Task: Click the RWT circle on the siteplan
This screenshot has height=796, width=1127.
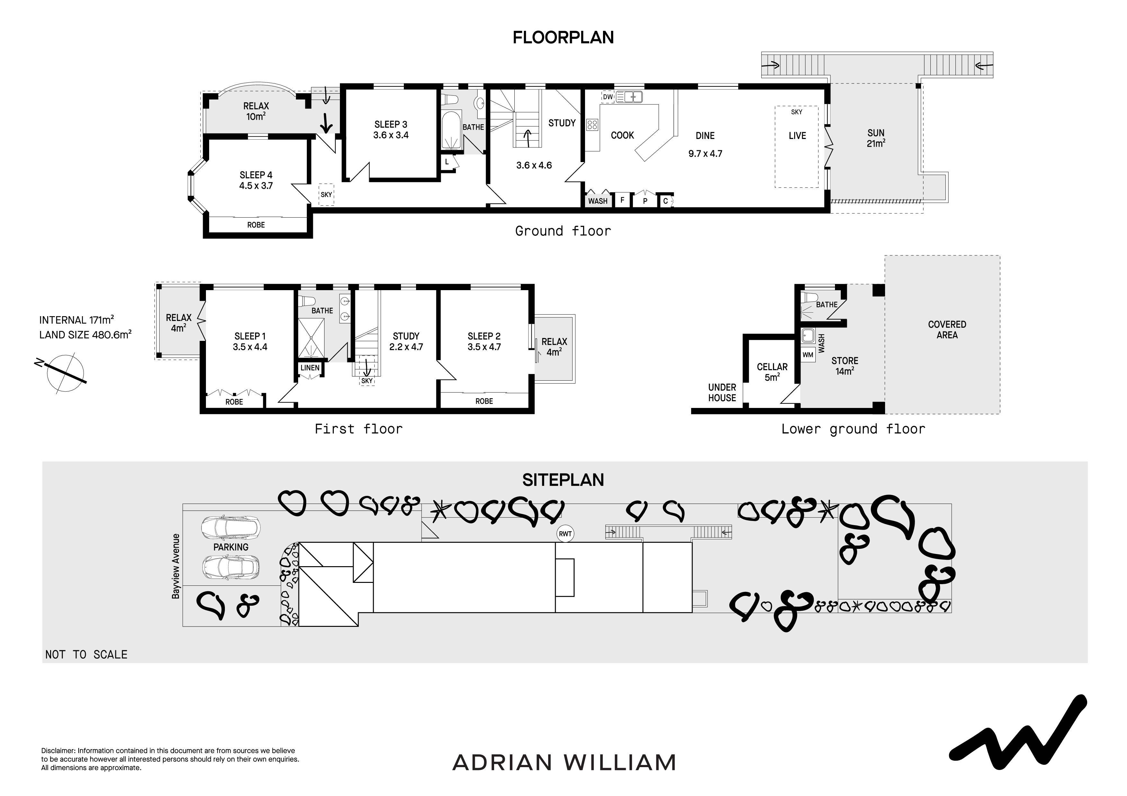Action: click(565, 534)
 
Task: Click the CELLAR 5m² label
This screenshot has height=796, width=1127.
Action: click(772, 372)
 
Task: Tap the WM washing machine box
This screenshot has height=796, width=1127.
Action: click(808, 355)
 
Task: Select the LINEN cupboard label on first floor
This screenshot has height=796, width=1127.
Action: click(310, 368)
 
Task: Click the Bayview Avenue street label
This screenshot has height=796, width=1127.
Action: click(176, 566)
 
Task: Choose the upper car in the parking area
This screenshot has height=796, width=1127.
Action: click(231, 528)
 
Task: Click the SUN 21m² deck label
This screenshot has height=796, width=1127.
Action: click(876, 138)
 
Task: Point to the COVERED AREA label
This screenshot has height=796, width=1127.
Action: click(947, 330)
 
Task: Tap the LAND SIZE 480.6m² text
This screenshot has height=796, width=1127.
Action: click(85, 335)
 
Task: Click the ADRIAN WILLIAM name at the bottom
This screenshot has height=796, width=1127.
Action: click(564, 763)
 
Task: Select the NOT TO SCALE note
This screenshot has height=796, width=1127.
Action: click(86, 655)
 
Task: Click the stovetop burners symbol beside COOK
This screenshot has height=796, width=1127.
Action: click(592, 125)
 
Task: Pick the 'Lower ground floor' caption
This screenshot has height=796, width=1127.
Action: click(853, 429)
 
